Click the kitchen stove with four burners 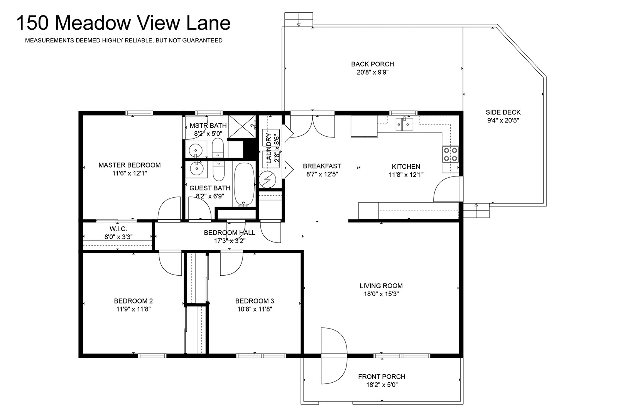point(450,154)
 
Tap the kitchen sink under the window point(404,124)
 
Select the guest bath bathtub point(244,184)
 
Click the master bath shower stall point(242,127)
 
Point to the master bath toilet point(218,148)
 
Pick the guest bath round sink point(196,168)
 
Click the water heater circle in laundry point(267,180)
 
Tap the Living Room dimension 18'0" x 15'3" point(381,294)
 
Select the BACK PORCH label point(372,64)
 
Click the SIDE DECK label point(503,112)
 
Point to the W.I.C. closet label point(118,229)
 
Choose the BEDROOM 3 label point(255,301)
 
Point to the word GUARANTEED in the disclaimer point(202,41)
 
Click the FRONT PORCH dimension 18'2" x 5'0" point(382,385)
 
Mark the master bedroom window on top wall point(139,113)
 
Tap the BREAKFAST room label point(322,166)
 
